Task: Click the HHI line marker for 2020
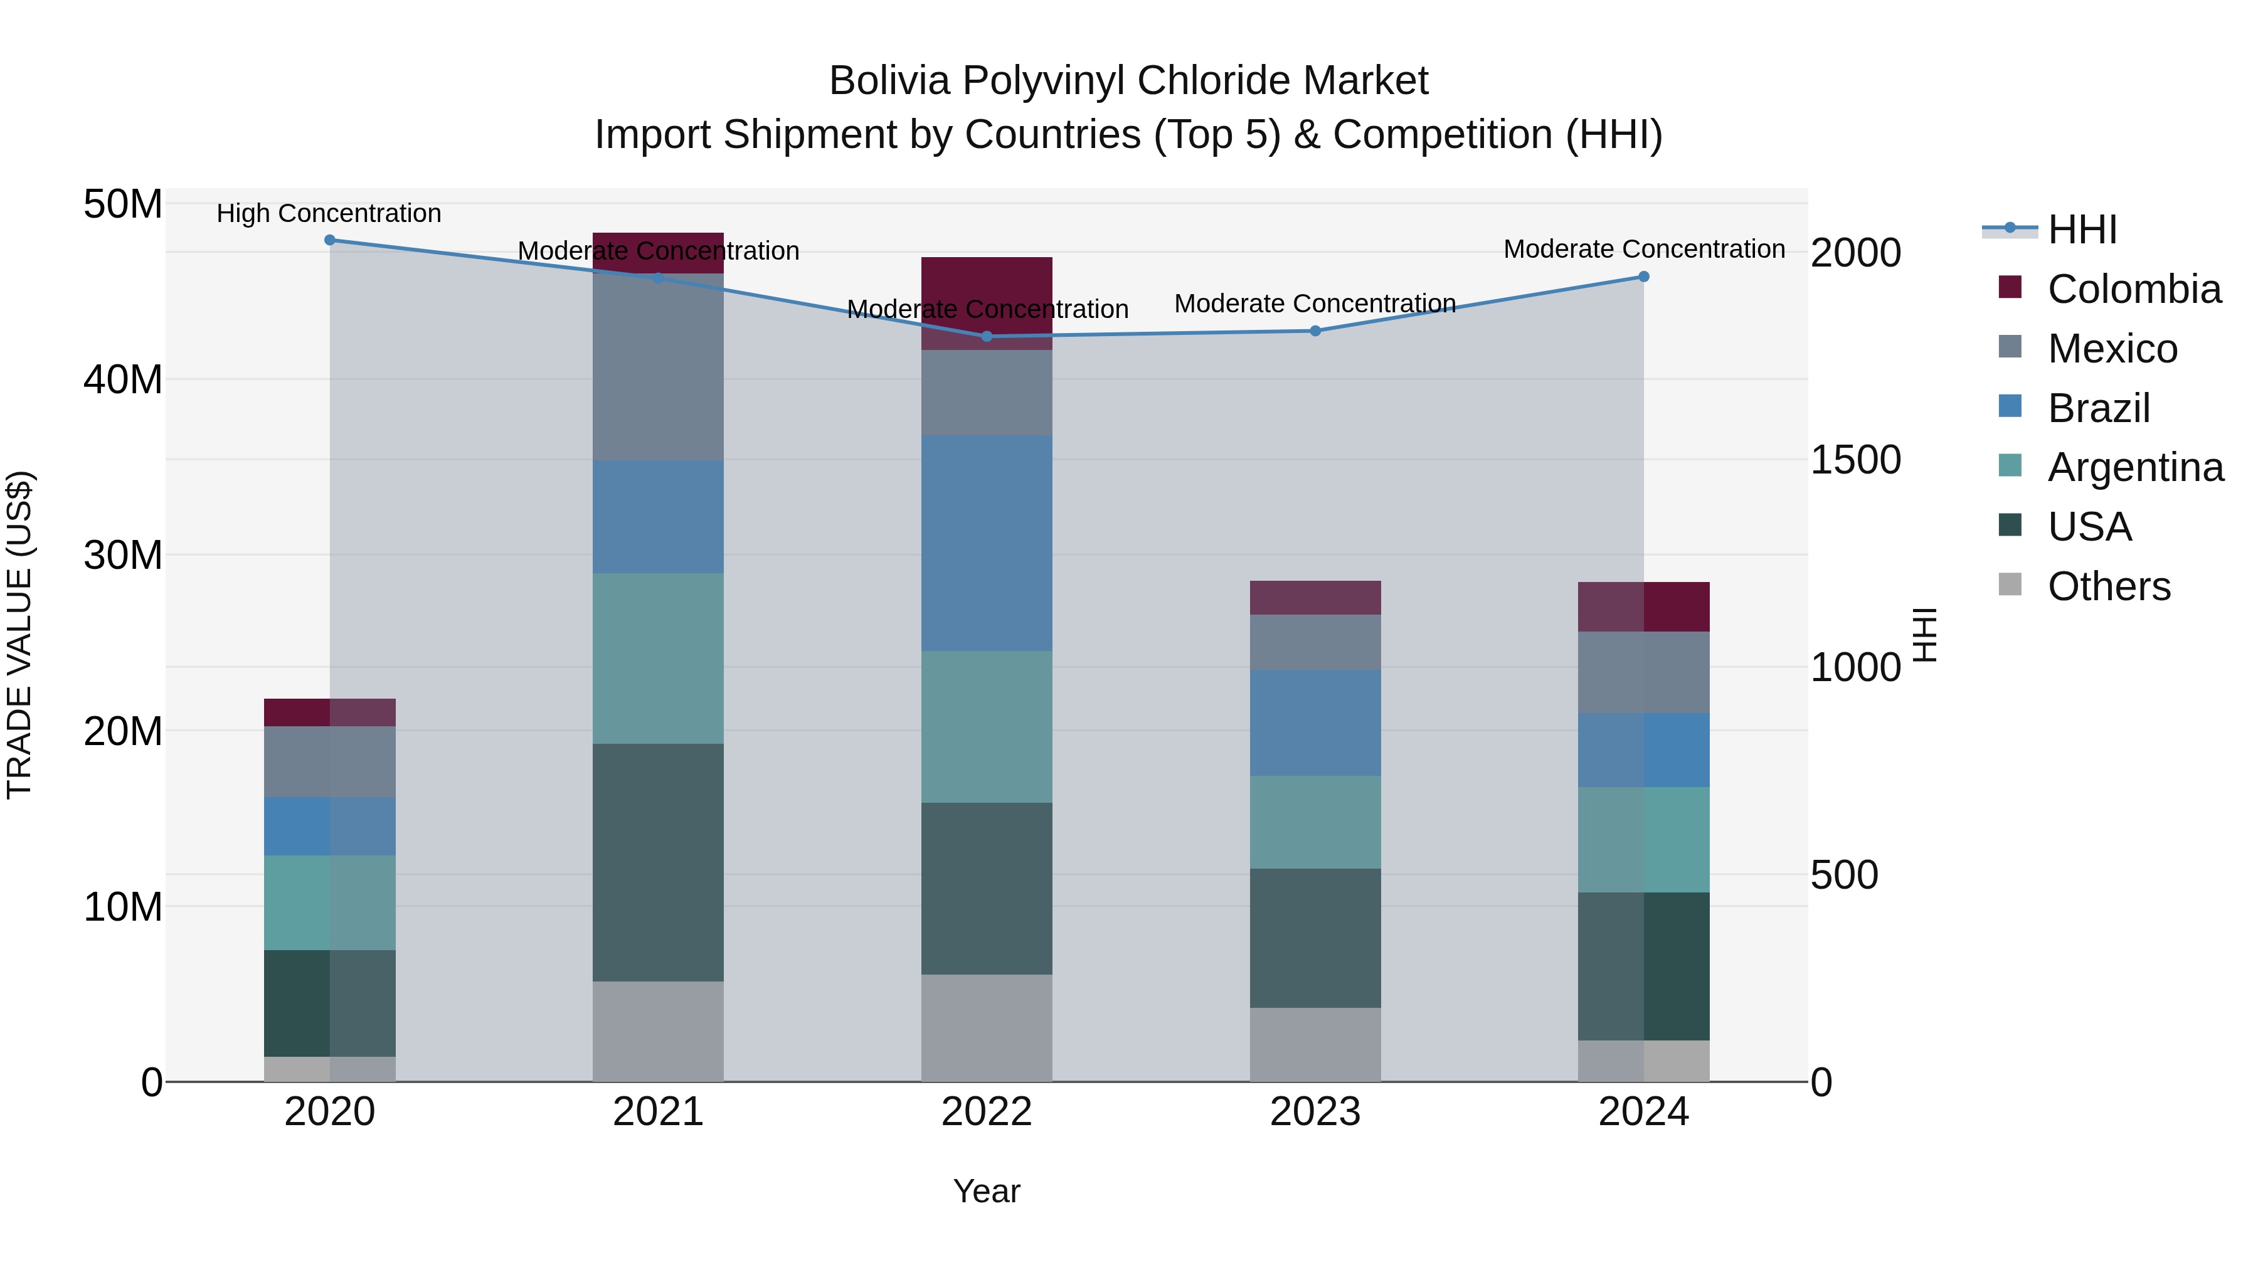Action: tap(329, 240)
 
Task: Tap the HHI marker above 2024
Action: tap(1643, 277)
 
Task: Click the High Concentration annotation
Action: tap(329, 214)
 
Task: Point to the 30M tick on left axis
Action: tap(123, 556)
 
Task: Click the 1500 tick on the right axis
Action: tap(1856, 460)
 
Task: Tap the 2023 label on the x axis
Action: tap(1315, 1112)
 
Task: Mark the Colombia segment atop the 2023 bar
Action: tap(1315, 598)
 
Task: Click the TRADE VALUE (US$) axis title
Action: tap(19, 635)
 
